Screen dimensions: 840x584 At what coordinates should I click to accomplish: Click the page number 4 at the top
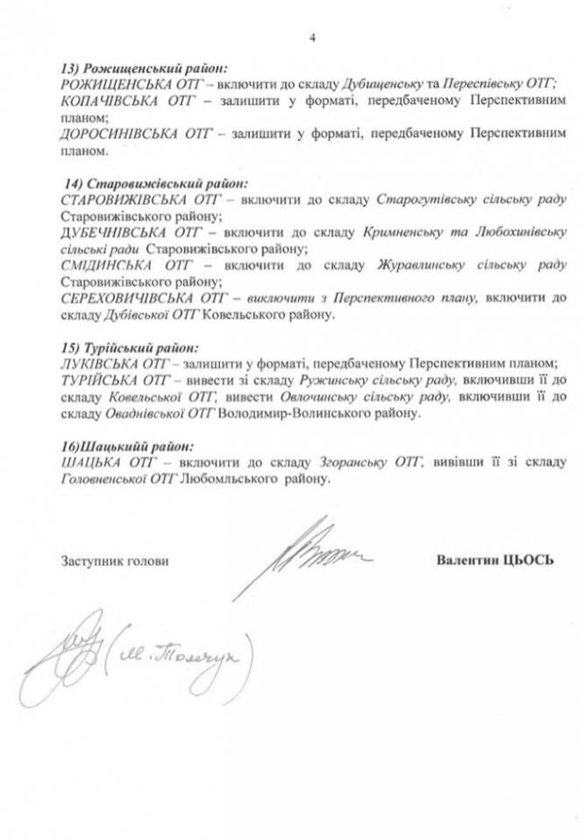pos(314,39)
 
